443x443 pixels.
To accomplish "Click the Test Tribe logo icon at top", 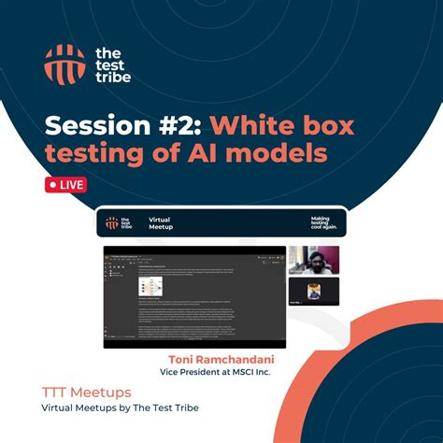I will pos(64,63).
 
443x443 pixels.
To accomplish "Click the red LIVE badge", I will pos(64,184).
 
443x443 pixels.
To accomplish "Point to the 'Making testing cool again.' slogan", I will pos(320,223).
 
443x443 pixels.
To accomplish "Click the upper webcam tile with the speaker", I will pos(313,260).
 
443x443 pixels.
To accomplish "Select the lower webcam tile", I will pos(313,292).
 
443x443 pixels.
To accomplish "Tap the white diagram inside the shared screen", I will pos(150,287).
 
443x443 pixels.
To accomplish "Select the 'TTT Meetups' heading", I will pos(86,393).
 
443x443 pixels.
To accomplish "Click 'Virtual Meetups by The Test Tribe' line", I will pos(120,408).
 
